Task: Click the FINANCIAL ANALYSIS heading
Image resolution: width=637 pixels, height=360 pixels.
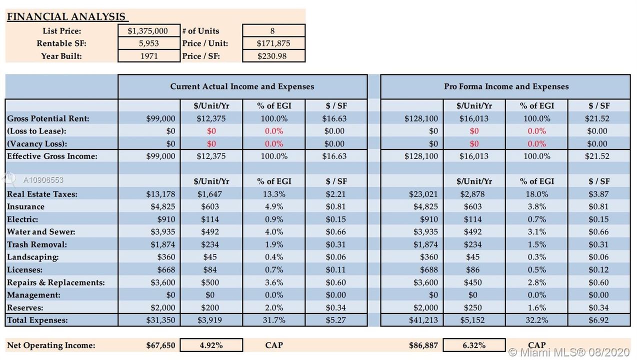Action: pos(66,16)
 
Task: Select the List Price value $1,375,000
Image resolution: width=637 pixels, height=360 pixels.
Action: pos(147,30)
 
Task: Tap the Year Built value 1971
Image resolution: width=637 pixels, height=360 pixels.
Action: pos(149,56)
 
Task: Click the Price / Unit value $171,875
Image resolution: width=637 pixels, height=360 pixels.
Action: pos(273,43)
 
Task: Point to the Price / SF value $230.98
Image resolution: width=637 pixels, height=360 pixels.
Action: pos(272,56)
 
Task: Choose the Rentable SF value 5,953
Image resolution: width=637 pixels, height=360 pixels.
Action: pos(148,43)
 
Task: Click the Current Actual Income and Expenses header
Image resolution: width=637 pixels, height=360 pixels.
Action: pos(242,86)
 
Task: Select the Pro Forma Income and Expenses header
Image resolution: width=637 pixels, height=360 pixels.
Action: pos(506,86)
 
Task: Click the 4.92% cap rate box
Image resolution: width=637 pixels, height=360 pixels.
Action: pos(211,345)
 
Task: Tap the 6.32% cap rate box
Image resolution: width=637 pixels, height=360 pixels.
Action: pos(474,345)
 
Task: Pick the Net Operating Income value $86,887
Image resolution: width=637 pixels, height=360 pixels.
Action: pos(423,345)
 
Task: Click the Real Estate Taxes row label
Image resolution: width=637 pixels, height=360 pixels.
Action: pos(42,194)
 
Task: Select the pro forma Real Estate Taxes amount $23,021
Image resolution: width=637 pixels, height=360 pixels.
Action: pos(423,194)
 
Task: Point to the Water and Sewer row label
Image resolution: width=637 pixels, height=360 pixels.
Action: pos(41,232)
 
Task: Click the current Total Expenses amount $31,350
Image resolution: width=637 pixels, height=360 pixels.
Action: pos(160,320)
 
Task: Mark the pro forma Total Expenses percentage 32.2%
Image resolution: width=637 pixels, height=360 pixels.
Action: pos(536,320)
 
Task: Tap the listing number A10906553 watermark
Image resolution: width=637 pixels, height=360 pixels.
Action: pos(43,179)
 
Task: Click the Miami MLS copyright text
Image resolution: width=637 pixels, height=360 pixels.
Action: pos(569,352)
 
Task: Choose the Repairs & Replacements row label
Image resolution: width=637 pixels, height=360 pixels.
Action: pos(55,282)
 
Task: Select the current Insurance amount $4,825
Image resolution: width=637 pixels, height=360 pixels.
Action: pos(163,206)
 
